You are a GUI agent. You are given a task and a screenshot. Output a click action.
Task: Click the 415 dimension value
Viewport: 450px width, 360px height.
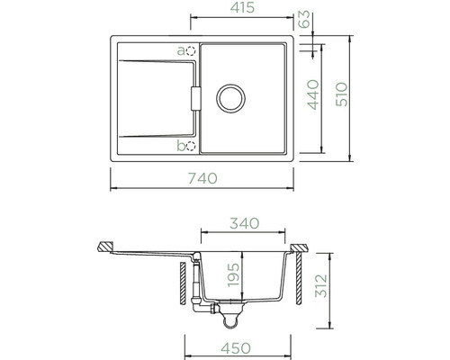point(242,7)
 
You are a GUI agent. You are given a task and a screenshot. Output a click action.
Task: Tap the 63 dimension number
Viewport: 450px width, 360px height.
point(304,19)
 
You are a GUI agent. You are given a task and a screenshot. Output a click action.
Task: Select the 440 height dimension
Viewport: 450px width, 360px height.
point(313,94)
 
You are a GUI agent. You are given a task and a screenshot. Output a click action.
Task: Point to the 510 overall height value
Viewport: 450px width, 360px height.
point(341,94)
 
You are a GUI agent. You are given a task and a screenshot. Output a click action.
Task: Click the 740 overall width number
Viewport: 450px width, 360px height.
point(202,178)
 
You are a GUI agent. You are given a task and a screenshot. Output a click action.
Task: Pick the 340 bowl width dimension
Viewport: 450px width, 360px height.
point(245,223)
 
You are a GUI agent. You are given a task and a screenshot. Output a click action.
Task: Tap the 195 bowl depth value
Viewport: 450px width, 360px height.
point(233,275)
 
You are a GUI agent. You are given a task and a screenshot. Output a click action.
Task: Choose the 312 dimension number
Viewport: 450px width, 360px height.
point(321,285)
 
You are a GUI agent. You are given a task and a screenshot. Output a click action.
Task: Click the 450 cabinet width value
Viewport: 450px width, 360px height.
point(236,348)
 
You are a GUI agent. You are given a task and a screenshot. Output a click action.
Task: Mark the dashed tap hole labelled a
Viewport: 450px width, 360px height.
point(191,51)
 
